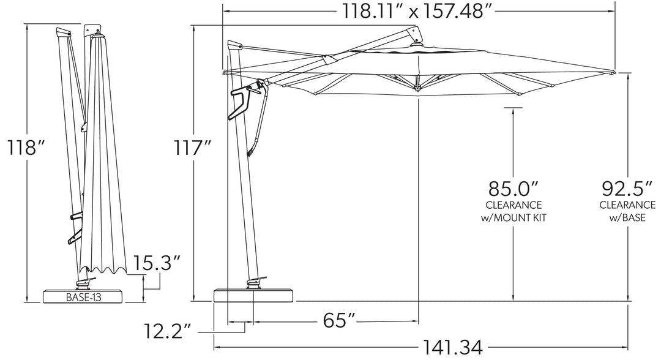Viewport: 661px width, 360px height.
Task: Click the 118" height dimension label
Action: (26, 148)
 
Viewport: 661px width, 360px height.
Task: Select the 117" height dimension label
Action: (193, 148)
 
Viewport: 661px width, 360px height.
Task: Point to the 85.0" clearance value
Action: (513, 189)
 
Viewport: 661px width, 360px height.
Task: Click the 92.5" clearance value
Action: (627, 189)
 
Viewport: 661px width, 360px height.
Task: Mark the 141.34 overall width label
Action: (453, 348)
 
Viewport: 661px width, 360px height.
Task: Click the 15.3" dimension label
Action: (157, 263)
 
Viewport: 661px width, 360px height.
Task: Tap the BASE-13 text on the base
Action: (83, 297)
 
